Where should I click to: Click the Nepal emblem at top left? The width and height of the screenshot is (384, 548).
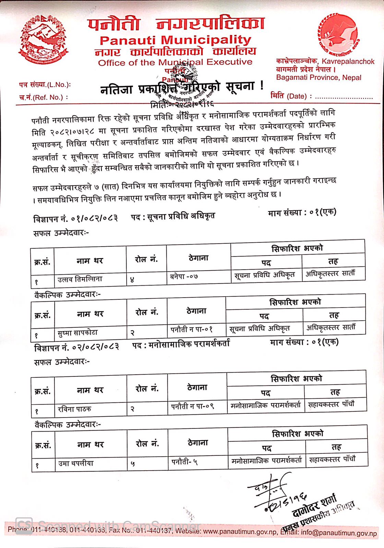point(44,40)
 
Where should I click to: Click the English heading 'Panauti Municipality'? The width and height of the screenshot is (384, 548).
point(176,40)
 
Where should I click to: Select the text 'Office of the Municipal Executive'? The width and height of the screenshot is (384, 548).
point(175,62)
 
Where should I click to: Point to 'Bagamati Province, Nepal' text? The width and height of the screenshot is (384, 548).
point(319,77)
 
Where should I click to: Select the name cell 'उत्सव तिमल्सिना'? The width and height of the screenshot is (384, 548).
point(80,279)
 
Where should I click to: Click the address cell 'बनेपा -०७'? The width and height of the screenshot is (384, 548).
point(184,276)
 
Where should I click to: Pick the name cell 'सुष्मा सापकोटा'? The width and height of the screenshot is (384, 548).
point(78,333)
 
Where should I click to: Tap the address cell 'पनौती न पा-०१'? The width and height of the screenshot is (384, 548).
point(192,329)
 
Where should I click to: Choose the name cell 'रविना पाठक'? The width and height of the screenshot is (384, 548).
point(74,409)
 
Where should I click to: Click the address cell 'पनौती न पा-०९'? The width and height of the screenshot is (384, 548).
point(192,407)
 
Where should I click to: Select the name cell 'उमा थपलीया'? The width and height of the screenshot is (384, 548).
point(76,463)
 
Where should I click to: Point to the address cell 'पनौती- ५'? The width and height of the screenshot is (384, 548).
point(184,462)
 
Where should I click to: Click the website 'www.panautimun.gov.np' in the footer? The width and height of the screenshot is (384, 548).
point(240,532)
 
